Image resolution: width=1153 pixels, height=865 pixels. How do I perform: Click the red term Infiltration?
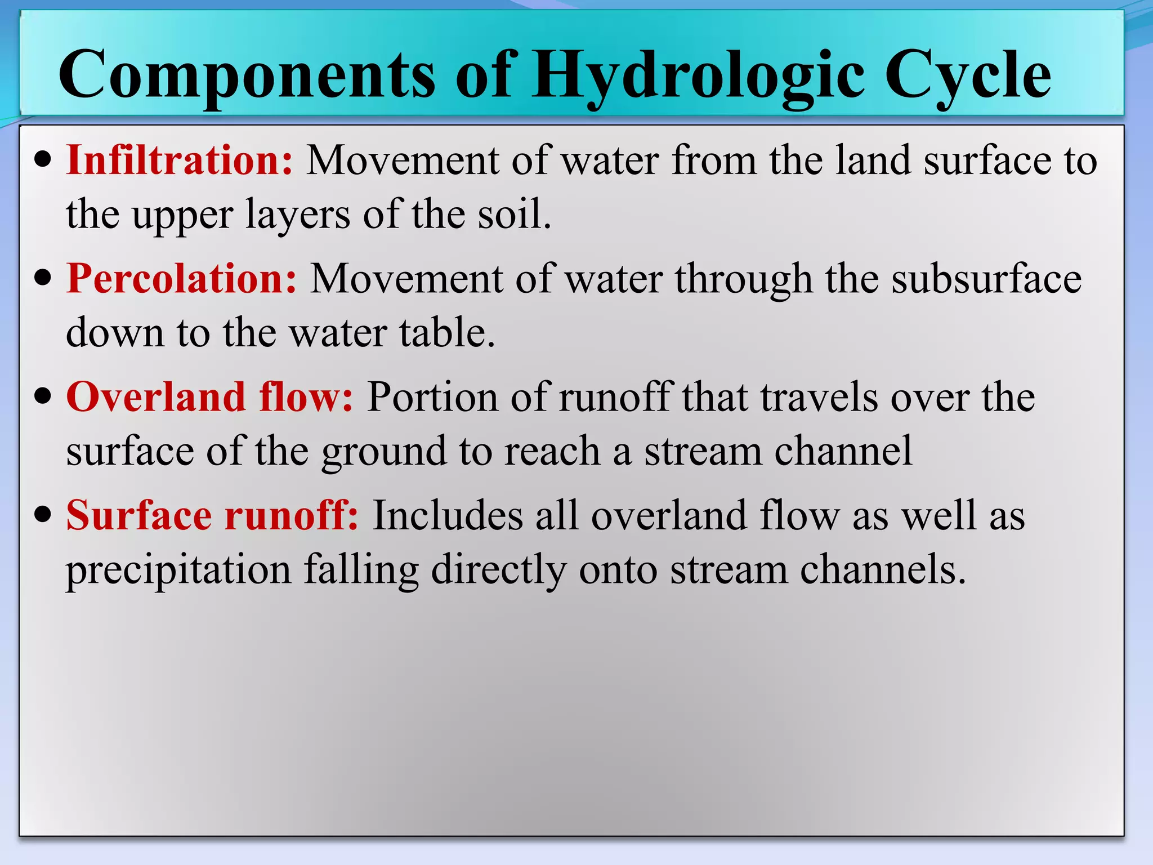tap(180, 160)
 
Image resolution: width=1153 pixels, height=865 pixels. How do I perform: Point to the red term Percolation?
tap(181, 279)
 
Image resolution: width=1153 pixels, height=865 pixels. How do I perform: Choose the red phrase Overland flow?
tap(209, 397)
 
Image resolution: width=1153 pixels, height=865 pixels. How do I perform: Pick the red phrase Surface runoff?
tap(212, 515)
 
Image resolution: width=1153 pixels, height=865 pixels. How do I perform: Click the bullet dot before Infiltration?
tap(43, 160)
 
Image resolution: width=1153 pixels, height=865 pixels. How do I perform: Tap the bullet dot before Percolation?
tap(43, 278)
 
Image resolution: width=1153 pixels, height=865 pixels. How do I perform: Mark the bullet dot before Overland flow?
tap(43, 396)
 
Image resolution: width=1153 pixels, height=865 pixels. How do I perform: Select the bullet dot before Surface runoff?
tap(43, 515)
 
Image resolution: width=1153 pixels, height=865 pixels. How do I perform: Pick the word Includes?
tap(447, 515)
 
